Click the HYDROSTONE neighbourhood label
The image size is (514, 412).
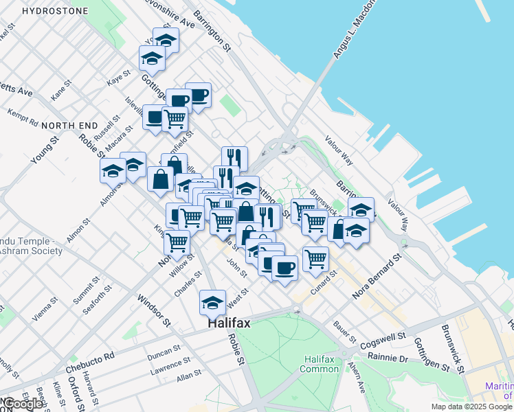click(x=54, y=11)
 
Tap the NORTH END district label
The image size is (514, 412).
click(x=69, y=126)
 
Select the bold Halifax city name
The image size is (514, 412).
click(x=229, y=323)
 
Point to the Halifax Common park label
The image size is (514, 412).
click(x=320, y=364)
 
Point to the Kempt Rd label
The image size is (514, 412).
click(x=23, y=117)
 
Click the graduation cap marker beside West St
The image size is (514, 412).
click(x=213, y=301)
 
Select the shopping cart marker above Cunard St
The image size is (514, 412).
click(x=315, y=258)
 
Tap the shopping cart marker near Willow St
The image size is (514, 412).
click(x=177, y=241)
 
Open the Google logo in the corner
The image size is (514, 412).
click(x=24, y=403)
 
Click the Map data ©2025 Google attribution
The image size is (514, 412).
click(x=470, y=407)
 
